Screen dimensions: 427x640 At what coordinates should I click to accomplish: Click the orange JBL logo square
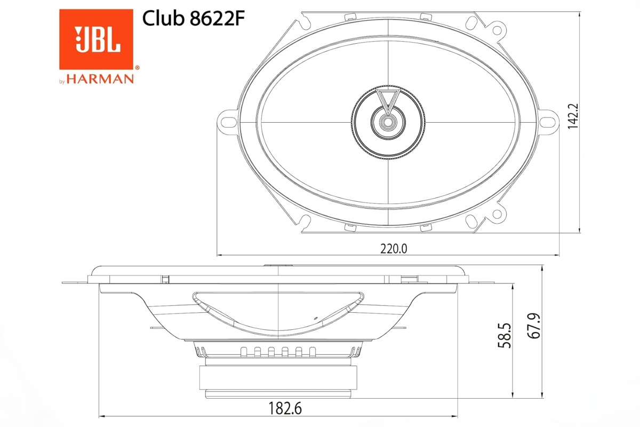(96, 39)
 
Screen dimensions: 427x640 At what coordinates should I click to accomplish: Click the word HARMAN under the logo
(100, 80)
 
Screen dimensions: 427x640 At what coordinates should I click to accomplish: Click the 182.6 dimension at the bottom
(279, 408)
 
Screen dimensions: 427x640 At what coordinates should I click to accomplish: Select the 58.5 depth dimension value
(504, 335)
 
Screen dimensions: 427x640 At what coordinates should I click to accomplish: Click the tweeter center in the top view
(388, 122)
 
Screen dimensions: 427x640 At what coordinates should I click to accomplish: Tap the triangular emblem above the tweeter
(388, 99)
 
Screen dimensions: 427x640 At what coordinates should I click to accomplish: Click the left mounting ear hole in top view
(227, 120)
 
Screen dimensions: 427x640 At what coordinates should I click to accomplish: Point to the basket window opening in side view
(278, 312)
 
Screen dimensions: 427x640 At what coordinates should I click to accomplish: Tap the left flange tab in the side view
(75, 282)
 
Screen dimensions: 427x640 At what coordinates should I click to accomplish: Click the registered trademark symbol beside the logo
(137, 68)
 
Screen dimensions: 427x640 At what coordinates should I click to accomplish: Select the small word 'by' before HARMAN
(62, 81)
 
